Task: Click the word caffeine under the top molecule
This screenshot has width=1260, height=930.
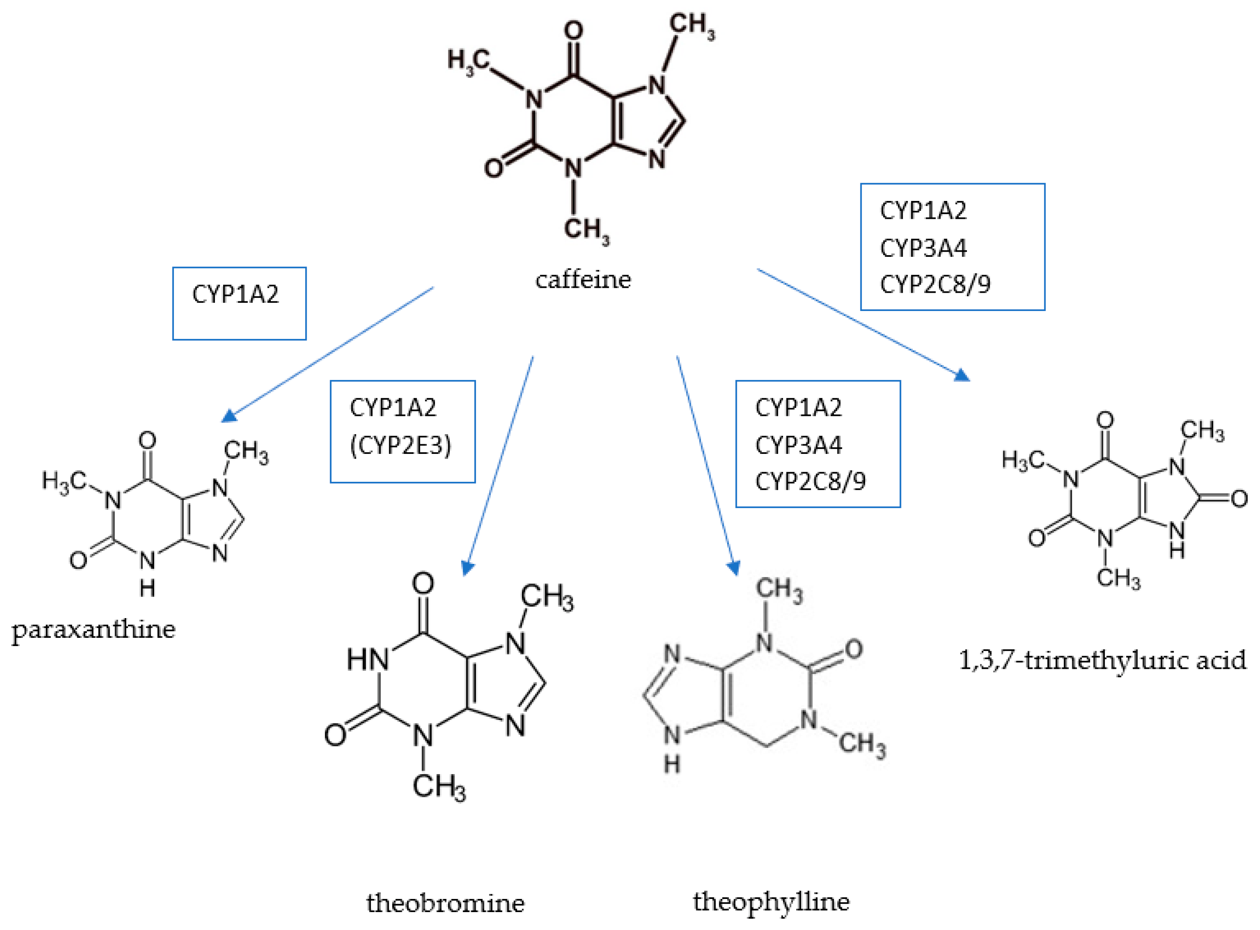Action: point(583,280)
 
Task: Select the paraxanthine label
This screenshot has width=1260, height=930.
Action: point(93,630)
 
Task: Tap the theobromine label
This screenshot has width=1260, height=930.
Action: point(445,902)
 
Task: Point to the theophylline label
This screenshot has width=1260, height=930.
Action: point(771,901)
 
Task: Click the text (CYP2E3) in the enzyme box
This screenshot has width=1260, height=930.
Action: point(400,445)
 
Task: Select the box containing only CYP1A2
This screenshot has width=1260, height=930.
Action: point(239,304)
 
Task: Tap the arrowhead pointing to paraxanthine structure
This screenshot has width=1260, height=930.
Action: point(228,416)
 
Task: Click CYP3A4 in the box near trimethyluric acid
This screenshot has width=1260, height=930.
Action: point(923,248)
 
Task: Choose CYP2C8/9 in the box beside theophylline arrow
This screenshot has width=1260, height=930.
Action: point(810,481)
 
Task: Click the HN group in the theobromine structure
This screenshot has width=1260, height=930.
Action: point(367,659)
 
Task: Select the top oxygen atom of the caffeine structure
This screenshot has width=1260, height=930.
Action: point(573,31)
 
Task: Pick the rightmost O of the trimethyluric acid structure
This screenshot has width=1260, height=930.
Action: point(1239,499)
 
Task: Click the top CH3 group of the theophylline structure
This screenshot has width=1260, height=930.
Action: point(779,589)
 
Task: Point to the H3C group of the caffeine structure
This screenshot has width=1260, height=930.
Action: point(468,61)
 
